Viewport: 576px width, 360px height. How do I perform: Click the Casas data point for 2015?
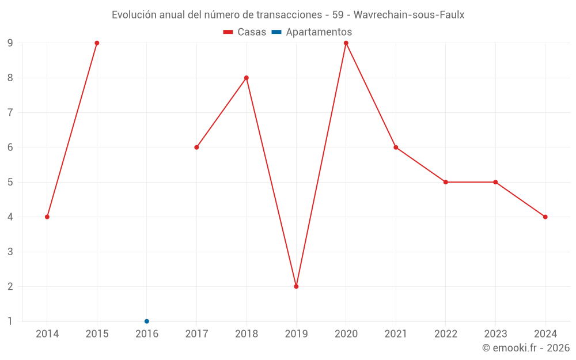pos(97,43)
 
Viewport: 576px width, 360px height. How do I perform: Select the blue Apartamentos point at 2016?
pos(147,321)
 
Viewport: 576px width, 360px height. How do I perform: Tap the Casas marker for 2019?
pos(296,286)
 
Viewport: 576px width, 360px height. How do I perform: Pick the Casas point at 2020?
pos(346,43)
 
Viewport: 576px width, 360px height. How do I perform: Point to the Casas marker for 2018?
pos(247,78)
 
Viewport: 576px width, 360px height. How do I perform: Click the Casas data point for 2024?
pos(545,217)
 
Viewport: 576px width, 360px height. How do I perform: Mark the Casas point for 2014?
pos(47,217)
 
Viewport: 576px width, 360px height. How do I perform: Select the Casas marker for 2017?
pos(196,147)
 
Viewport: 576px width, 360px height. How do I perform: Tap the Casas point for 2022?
pos(446,182)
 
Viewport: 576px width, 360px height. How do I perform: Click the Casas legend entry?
pos(245,32)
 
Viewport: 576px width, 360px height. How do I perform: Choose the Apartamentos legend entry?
pos(312,32)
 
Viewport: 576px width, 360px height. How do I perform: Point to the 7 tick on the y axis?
pos(10,112)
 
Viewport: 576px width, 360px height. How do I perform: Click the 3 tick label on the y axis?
pos(10,252)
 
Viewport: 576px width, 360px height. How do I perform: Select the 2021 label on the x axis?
pos(396,334)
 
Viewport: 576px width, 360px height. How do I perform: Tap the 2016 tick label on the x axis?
pos(147,334)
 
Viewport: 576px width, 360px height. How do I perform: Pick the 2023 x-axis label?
pos(495,334)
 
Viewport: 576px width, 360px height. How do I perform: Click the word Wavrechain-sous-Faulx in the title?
pos(411,15)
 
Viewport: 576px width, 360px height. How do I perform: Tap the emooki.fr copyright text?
pos(526,348)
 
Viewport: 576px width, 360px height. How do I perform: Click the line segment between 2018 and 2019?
pos(271,182)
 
